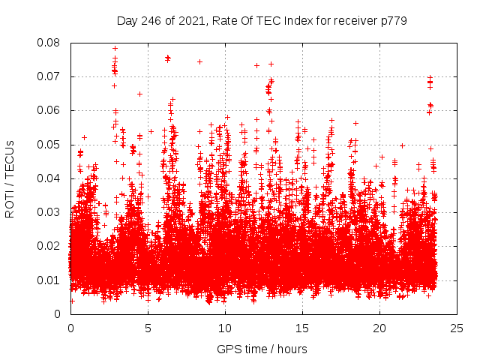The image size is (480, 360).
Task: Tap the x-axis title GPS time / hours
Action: (x=262, y=349)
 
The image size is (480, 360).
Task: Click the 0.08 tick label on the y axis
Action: (x=49, y=43)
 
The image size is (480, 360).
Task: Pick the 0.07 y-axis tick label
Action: (x=49, y=76)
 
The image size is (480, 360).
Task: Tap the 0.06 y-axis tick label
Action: (x=49, y=110)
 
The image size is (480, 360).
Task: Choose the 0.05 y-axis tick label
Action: (x=49, y=144)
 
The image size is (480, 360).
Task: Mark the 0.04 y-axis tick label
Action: (x=49, y=178)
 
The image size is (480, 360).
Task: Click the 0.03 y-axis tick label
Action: (x=49, y=212)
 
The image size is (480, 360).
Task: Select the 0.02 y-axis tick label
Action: (x=49, y=246)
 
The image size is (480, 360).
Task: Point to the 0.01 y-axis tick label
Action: (x=49, y=280)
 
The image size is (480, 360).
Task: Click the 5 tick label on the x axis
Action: (x=148, y=328)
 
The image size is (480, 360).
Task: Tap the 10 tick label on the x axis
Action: (x=225, y=328)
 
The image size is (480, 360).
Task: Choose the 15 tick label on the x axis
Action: (x=302, y=328)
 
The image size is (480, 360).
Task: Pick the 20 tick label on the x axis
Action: (x=379, y=328)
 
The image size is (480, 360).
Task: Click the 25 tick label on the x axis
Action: (x=457, y=328)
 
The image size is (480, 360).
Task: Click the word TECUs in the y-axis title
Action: (x=10, y=160)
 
